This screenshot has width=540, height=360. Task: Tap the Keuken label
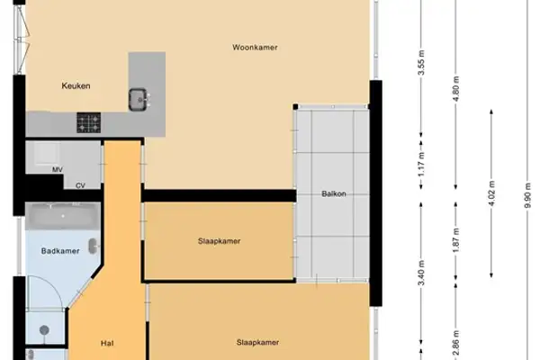(76, 86)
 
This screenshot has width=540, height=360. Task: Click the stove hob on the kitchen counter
(89, 121)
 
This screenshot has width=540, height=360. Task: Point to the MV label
(57, 169)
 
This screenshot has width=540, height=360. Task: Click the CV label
(80, 185)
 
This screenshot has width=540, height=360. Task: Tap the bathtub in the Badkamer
(56, 216)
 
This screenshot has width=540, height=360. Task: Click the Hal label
(106, 342)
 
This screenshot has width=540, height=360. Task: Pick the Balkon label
(334, 193)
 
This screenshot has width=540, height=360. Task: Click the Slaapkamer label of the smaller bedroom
(220, 240)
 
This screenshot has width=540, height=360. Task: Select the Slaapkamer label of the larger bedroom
(257, 342)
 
